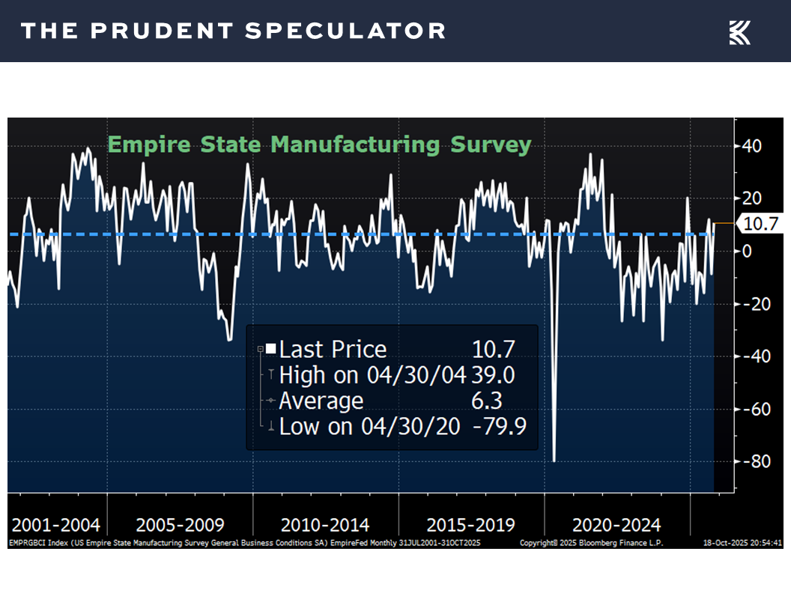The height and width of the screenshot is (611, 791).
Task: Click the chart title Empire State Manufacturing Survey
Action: [319, 145]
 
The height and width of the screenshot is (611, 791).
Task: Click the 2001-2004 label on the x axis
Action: [56, 524]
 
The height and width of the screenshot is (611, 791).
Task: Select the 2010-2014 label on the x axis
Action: [324, 524]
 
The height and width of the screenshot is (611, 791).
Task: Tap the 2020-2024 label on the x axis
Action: [616, 524]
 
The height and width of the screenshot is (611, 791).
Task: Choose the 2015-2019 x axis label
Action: [470, 524]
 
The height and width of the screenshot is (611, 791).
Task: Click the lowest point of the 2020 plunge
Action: [554, 460]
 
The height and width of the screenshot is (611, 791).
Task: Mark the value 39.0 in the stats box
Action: [493, 374]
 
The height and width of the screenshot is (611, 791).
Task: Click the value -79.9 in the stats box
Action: [499, 427]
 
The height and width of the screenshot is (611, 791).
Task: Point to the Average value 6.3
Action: [487, 401]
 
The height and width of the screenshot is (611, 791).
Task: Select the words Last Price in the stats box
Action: [333, 349]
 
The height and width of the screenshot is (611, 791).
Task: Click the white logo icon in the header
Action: [739, 32]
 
